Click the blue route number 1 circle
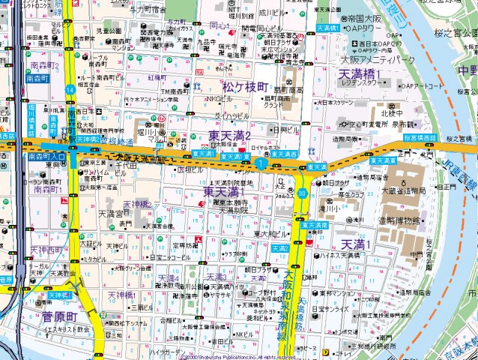260,163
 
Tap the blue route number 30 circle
301,193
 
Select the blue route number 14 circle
69,90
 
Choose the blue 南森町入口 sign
46,157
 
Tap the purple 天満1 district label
357,244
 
